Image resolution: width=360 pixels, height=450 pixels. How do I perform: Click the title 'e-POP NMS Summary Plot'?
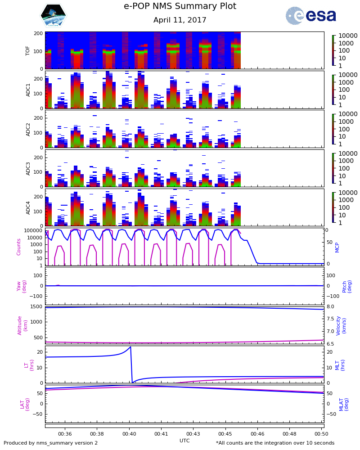[x=180, y=6]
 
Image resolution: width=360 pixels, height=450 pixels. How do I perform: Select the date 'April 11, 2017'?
[x=180, y=20]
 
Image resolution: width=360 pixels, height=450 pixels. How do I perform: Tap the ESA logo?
[x=310, y=16]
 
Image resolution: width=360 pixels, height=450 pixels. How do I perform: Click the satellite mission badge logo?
[x=54, y=16]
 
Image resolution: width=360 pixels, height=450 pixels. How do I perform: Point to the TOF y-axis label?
[x=28, y=50]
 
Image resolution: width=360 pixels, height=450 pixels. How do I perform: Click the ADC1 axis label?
[x=28, y=90]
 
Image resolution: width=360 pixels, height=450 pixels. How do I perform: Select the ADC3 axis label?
[x=28, y=168]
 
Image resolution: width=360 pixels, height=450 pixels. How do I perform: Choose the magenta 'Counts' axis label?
[x=19, y=247]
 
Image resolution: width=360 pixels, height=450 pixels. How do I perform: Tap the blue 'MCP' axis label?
[x=337, y=247]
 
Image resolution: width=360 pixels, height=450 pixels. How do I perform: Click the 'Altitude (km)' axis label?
[x=22, y=325]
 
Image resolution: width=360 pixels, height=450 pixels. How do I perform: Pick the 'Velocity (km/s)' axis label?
[x=341, y=325]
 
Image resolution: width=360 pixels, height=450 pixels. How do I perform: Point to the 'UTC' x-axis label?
[x=184, y=441]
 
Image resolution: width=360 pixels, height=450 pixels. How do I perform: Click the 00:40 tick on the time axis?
[x=129, y=434]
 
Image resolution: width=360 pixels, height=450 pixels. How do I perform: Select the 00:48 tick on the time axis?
[x=289, y=434]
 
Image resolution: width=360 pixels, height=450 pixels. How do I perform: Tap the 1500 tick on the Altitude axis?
[x=36, y=307]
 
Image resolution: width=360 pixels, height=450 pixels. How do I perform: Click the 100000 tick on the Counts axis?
[x=32, y=230]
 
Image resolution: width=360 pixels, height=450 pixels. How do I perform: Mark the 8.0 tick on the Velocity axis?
[x=330, y=307]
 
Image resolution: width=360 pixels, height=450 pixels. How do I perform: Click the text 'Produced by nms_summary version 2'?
[x=51, y=443]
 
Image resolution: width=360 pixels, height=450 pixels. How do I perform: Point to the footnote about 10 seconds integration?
[x=275, y=443]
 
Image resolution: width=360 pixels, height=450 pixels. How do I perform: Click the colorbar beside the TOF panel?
[x=333, y=50]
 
